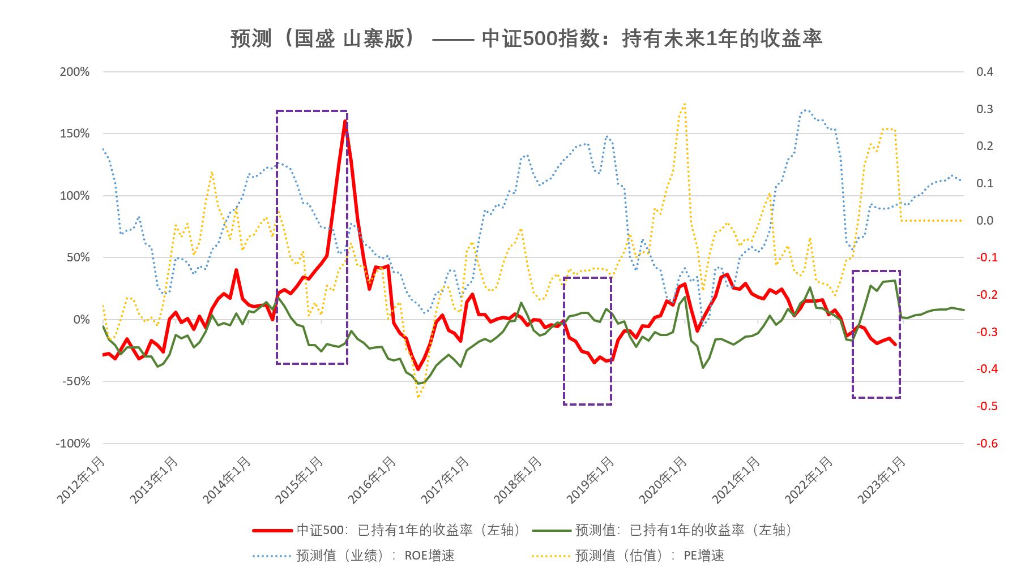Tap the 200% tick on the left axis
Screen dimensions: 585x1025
75,72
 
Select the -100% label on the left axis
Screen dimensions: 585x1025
72,444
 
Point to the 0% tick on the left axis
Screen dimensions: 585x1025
81,320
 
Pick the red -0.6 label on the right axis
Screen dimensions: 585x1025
986,444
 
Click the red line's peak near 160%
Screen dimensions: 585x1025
345,121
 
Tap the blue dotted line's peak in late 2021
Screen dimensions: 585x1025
805,110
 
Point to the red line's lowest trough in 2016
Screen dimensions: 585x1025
418,369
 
